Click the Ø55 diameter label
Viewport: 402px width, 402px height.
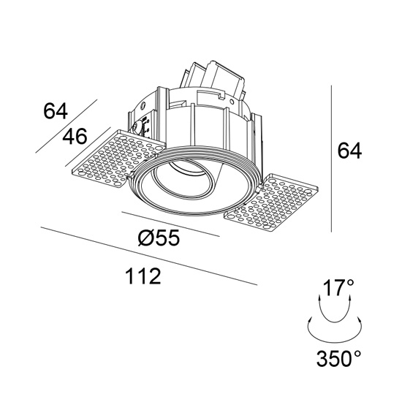(159, 238)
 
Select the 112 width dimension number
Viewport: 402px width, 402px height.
(143, 276)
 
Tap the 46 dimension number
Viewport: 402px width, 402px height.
(75, 136)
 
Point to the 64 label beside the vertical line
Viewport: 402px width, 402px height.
(349, 151)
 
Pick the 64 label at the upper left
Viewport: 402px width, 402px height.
(56, 111)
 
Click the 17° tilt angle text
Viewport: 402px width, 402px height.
(338, 288)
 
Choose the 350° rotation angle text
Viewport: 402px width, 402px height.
(339, 358)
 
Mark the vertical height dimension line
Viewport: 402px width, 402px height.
(332, 159)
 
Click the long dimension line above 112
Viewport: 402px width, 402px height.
(148, 256)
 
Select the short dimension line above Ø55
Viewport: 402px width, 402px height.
(171, 224)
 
